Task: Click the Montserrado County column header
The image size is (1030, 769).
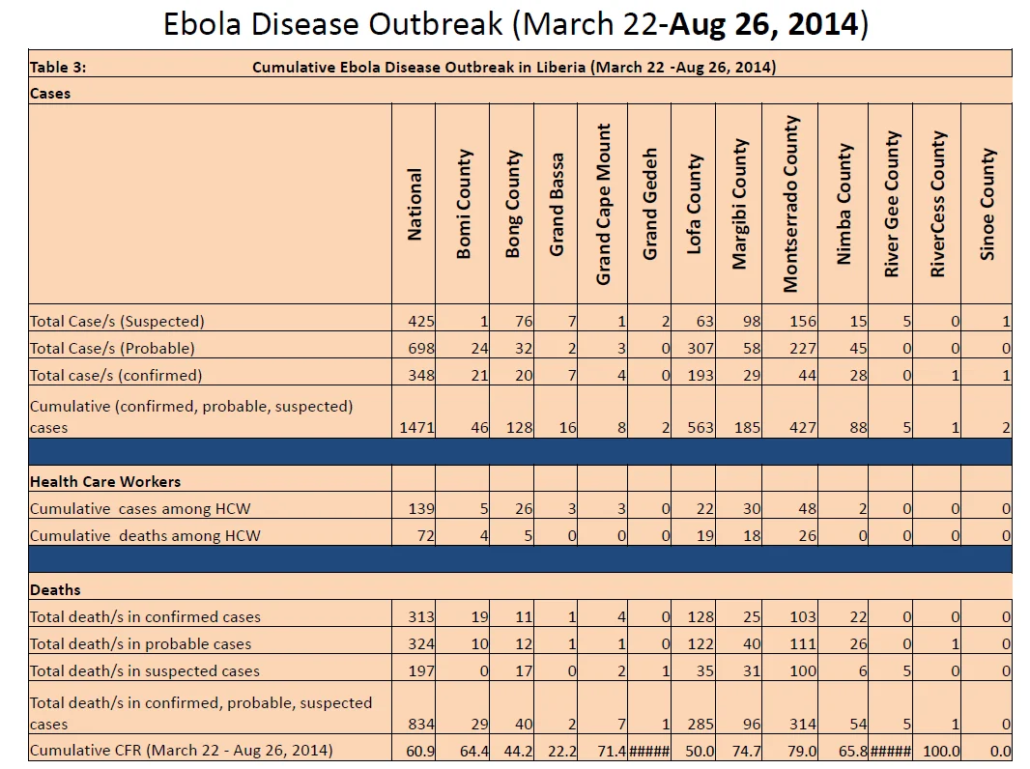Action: pyautogui.click(x=790, y=204)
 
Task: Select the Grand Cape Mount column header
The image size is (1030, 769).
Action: pyautogui.click(x=603, y=204)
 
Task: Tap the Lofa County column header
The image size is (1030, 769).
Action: pyautogui.click(x=694, y=204)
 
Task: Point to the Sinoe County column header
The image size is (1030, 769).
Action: pyautogui.click(x=987, y=204)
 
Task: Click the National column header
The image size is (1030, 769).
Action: pyautogui.click(x=414, y=204)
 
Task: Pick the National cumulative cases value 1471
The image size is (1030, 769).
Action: pyautogui.click(x=416, y=428)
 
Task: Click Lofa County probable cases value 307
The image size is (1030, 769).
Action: pyautogui.click(x=700, y=348)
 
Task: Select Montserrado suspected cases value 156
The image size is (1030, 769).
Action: pyautogui.click(x=803, y=321)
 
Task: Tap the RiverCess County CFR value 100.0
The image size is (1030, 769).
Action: pyautogui.click(x=941, y=751)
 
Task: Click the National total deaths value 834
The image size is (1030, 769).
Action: pyautogui.click(x=420, y=724)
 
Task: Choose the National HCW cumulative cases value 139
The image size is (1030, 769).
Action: pyautogui.click(x=420, y=508)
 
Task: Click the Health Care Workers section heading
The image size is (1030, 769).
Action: pyautogui.click(x=105, y=481)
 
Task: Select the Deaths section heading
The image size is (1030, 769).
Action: pyautogui.click(x=55, y=589)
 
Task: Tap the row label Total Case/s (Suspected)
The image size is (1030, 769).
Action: pyautogui.click(x=117, y=321)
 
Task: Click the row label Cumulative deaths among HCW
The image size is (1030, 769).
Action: pyautogui.click(x=145, y=536)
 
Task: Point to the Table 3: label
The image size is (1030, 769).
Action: pyautogui.click(x=58, y=67)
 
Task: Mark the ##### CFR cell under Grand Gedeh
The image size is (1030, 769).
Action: pyautogui.click(x=649, y=751)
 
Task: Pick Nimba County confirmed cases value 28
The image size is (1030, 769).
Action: pyautogui.click(x=858, y=375)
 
